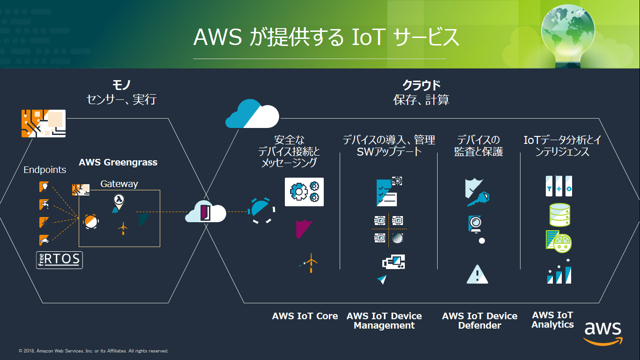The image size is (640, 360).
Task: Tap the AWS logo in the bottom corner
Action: tap(603, 333)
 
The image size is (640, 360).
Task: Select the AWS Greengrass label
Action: tap(118, 163)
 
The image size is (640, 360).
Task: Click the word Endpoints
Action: tap(45, 170)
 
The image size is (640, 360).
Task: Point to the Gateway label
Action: tap(119, 184)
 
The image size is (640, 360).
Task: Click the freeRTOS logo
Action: tap(59, 260)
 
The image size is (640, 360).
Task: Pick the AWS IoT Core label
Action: tap(305, 316)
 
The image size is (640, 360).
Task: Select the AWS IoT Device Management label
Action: tap(384, 321)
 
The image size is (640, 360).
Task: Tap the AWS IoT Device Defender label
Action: tap(480, 321)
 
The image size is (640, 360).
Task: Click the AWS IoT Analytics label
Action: tap(553, 320)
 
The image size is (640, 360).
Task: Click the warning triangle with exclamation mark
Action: tap(477, 274)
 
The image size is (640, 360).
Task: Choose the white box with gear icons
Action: tap(304, 192)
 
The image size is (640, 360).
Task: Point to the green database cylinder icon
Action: tap(559, 215)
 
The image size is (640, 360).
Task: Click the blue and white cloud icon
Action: tap(252, 114)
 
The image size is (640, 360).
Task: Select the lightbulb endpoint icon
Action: tap(44, 187)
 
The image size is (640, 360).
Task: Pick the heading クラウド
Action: tap(422, 85)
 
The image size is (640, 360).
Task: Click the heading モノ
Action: tap(121, 85)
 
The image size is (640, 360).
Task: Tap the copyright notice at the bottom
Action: tap(94, 351)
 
